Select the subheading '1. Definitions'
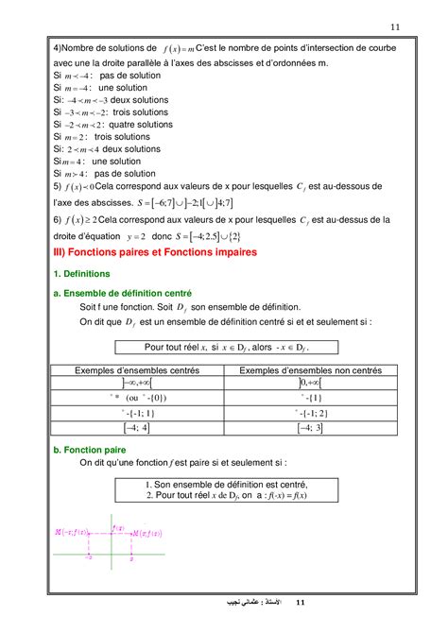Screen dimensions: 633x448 [x=82, y=274]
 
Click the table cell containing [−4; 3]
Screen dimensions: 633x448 [x=308, y=428]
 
